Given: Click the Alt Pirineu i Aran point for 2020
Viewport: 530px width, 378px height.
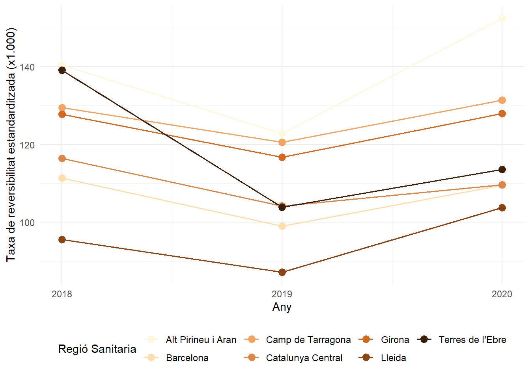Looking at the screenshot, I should coord(502,18).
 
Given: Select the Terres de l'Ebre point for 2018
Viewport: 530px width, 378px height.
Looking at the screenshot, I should coord(62,70).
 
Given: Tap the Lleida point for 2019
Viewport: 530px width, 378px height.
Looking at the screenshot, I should coord(282,272).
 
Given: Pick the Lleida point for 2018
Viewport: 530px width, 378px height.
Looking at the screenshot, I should coord(62,240).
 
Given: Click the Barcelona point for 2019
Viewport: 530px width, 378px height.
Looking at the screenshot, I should coord(282,226).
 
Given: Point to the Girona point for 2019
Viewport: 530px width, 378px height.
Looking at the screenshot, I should coord(282,157).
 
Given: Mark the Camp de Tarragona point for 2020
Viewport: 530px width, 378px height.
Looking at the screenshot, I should coord(502,100).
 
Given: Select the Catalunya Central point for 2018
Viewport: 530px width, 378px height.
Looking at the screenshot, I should coord(62,159).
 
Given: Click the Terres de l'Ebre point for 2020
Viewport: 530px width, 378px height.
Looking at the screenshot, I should coord(502,170).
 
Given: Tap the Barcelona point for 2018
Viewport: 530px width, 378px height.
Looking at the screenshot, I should coord(62,178).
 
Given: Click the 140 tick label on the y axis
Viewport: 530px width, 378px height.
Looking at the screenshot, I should coord(27,67).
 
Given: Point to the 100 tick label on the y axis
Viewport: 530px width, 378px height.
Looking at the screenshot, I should coord(27,223).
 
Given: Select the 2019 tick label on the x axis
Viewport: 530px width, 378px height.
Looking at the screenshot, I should coord(282,294).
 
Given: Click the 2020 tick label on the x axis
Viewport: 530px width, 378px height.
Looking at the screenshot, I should coord(502,294).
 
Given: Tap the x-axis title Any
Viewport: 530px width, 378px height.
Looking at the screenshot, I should coord(282,307).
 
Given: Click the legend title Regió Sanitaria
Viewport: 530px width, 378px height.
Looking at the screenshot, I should coord(97,349).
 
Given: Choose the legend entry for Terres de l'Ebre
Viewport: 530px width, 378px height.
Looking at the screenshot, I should coord(472,340).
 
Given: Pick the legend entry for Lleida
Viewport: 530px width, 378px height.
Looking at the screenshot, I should coord(393,358).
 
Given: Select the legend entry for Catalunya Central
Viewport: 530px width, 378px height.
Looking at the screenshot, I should coord(304,358).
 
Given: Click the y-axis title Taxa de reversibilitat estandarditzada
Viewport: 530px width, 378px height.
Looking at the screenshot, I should coord(11,145).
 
